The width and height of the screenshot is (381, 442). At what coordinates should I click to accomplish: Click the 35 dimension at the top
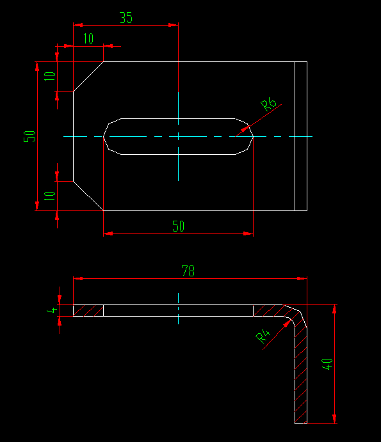[x=126, y=17]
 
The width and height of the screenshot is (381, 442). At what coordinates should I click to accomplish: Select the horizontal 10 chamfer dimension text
[x=88, y=39]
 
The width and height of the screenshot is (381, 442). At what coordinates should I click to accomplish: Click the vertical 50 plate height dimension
[x=29, y=136]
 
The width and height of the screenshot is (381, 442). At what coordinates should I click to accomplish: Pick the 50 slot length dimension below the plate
[x=178, y=226]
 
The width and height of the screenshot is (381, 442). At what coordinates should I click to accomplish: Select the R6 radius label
[x=268, y=105]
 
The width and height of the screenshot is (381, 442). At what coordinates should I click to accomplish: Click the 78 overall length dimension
[x=188, y=271]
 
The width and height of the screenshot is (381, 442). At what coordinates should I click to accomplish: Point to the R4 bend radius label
[x=263, y=336]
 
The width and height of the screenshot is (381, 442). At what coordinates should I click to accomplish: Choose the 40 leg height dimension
[x=327, y=365]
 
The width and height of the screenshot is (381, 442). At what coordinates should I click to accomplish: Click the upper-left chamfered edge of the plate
[x=88, y=77]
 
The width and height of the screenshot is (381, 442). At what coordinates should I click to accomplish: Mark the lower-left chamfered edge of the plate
[x=88, y=195]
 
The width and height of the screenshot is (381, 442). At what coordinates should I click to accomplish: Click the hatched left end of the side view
[x=88, y=310]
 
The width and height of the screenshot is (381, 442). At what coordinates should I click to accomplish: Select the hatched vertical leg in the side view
[x=300, y=377]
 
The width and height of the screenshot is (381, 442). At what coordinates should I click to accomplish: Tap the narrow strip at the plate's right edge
[x=300, y=136]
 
